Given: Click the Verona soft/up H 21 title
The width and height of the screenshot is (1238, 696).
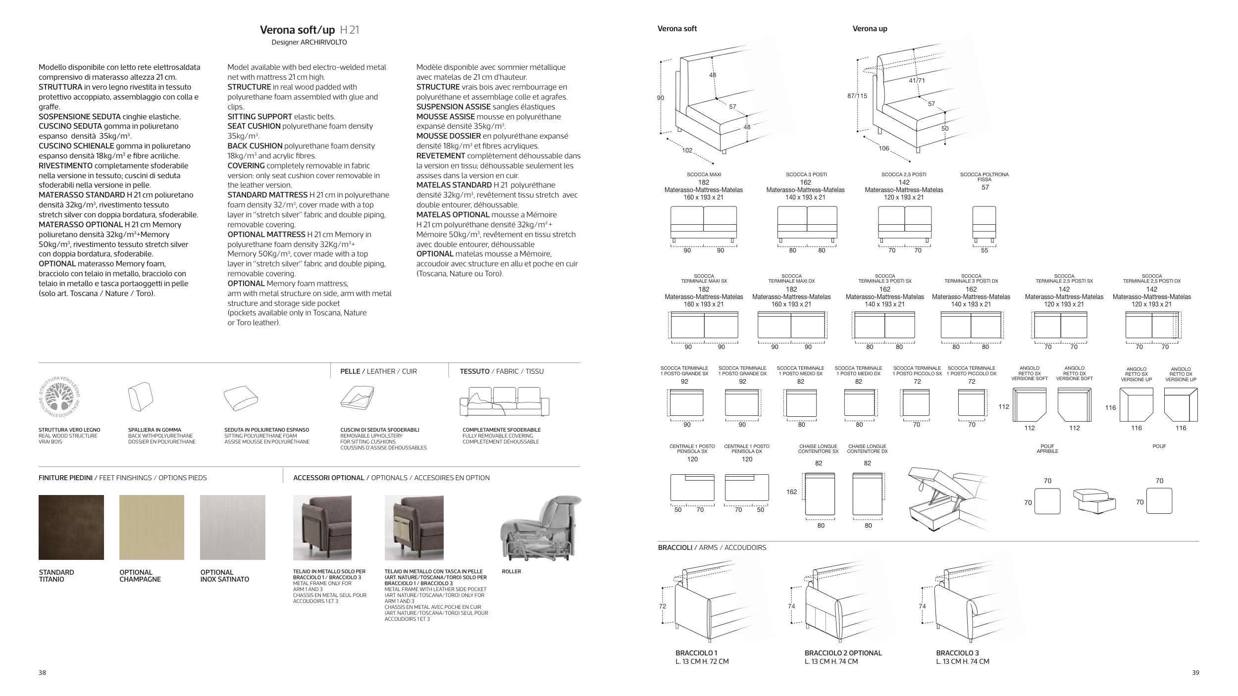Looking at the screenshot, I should click(x=309, y=30).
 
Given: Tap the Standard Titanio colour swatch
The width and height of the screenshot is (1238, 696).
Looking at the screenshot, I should click(x=71, y=527).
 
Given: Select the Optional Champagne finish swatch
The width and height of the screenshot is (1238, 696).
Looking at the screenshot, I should click(x=152, y=527).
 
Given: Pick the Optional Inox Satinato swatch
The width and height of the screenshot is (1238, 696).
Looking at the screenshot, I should click(x=233, y=527).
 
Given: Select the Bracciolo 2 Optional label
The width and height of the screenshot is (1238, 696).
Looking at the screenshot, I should click(x=843, y=653).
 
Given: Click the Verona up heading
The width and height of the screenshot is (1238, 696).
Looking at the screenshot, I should click(x=870, y=29).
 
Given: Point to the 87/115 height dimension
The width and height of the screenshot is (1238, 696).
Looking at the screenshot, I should click(x=857, y=96).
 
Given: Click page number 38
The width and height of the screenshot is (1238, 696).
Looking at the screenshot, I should click(x=43, y=672).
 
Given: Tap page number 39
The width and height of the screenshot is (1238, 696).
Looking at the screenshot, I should click(x=1195, y=672).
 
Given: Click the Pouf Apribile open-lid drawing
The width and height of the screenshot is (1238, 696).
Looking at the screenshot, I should click(x=1094, y=500).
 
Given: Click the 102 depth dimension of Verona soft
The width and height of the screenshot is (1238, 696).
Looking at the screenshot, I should click(x=687, y=150).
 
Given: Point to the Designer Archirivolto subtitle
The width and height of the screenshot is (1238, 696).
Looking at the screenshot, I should click(x=309, y=43).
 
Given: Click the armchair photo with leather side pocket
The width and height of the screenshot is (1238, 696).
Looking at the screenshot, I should click(x=415, y=527).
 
